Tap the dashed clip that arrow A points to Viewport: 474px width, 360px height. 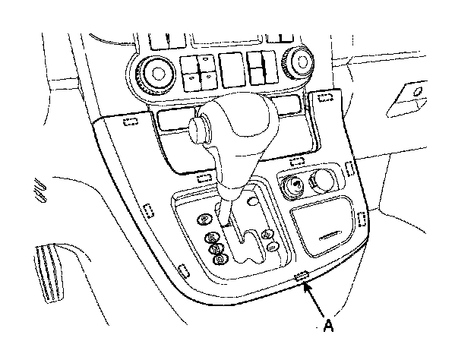(301, 275)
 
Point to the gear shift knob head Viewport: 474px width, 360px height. (228, 125)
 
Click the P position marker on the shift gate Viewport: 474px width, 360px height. (204, 219)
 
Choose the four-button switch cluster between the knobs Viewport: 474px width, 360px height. (199, 71)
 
